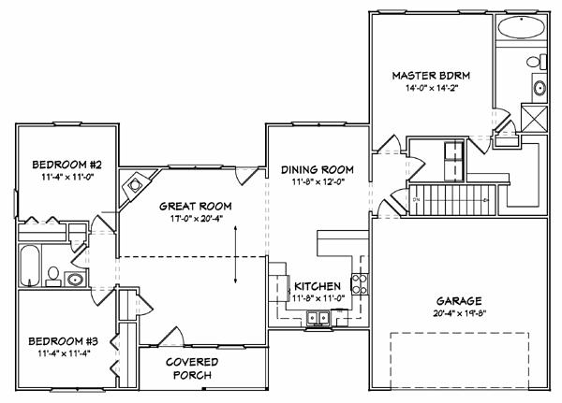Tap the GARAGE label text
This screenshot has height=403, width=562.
pyautogui.click(x=458, y=301)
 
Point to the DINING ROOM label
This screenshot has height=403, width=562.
pyautogui.click(x=318, y=169)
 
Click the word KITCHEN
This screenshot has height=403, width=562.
pyautogui.click(x=318, y=286)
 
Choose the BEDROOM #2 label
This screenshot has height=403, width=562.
pyautogui.click(x=67, y=165)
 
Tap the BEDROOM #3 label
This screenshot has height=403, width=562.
pyautogui.click(x=63, y=341)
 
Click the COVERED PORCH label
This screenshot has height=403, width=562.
pyautogui.click(x=192, y=368)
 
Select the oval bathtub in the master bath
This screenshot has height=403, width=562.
pyautogui.click(x=522, y=27)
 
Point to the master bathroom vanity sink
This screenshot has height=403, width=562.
pyautogui.click(x=540, y=88)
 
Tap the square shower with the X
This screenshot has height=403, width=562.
pyautogui.click(x=534, y=118)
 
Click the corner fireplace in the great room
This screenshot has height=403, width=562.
pyautogui.click(x=136, y=186)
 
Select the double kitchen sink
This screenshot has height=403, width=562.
pyautogui.click(x=318, y=318)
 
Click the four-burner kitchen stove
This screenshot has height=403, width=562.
pyautogui.click(x=360, y=284)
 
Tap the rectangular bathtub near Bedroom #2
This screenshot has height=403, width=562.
pyautogui.click(x=29, y=266)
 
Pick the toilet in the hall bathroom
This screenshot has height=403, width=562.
pyautogui.click(x=53, y=276)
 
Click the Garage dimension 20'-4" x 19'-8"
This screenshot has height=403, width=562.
pyautogui.click(x=460, y=313)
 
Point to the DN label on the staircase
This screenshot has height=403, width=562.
pyautogui.click(x=416, y=200)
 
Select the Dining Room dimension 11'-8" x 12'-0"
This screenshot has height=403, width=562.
pyautogui.click(x=318, y=182)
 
